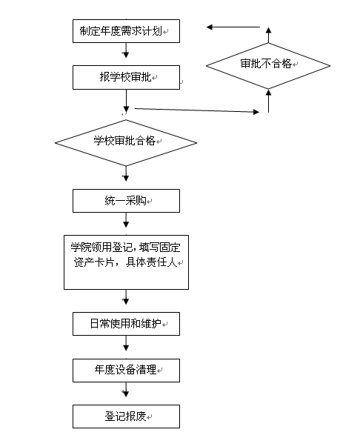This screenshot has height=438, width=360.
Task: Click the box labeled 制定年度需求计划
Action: point(126,31)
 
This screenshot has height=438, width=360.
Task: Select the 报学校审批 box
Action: point(126,77)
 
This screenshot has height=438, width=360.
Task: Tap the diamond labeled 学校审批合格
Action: point(126,143)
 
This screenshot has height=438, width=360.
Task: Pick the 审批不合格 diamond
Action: point(268,66)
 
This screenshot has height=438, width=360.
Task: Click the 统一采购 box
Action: point(126,201)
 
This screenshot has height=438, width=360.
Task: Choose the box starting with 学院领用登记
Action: point(126,262)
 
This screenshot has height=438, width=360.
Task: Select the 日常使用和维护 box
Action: point(126,324)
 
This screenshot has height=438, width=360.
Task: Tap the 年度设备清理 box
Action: point(126,371)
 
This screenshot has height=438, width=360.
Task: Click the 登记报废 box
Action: point(126,417)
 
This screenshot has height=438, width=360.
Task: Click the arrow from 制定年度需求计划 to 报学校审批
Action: point(126,50)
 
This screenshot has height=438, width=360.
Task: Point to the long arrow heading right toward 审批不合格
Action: point(197,110)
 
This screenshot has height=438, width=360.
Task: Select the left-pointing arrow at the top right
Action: point(233,27)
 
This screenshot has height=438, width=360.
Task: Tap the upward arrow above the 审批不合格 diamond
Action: point(268,35)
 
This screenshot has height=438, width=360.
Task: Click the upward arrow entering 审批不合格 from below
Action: point(268,101)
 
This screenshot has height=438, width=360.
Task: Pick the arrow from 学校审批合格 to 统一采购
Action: point(126,173)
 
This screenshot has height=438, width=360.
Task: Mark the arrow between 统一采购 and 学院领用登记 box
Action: point(126,220)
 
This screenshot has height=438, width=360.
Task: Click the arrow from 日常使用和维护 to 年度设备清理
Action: point(126,343)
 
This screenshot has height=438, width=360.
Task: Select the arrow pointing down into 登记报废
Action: point(126,389)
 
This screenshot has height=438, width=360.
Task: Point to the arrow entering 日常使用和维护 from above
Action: point(126,297)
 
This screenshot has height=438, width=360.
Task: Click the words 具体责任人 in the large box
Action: point(151,262)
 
